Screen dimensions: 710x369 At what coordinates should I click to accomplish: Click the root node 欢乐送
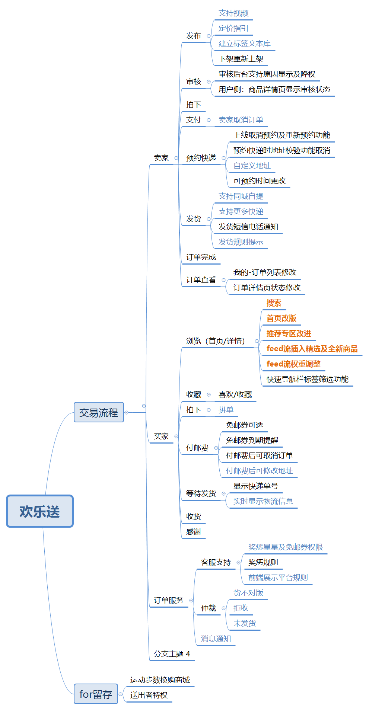coord(40,511)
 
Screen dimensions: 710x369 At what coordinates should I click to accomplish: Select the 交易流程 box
coord(99,412)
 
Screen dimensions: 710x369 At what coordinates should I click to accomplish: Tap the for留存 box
coord(96,694)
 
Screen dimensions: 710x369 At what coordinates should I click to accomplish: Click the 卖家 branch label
coord(161,158)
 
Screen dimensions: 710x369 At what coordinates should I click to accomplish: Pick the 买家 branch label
coord(161,436)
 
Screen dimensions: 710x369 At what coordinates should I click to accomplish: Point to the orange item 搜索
coord(274,303)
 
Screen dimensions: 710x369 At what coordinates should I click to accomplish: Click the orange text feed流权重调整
coord(293,364)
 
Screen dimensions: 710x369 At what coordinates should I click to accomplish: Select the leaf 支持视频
coord(233,13)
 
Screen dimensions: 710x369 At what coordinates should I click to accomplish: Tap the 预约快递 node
coord(201,158)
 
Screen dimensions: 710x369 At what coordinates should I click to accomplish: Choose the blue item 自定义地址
coord(252,166)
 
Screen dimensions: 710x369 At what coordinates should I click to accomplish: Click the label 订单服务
coord(169,601)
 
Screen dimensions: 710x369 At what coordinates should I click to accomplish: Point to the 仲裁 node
coord(209,608)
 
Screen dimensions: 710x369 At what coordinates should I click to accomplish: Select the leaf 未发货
coord(245,623)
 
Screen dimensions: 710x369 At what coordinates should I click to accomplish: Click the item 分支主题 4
coord(172,654)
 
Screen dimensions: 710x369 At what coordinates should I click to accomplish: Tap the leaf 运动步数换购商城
coord(160,680)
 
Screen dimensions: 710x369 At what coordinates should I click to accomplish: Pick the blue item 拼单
coord(226,410)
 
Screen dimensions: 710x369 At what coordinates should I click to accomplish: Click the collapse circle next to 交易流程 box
coord(127,412)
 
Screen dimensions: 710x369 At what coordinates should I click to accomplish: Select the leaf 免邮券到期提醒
coord(252,440)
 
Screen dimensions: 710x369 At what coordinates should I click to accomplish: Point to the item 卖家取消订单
coord(241,120)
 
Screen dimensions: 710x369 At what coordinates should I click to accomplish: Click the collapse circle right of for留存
coord(120,694)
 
